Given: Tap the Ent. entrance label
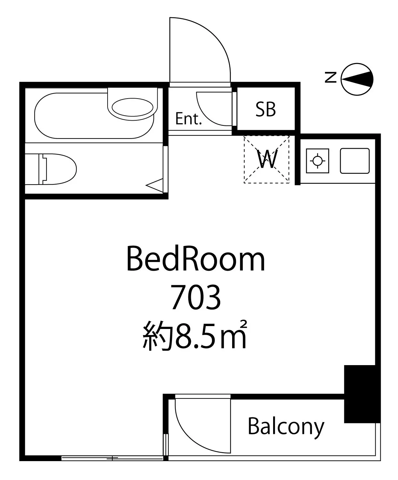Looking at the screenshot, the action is point(188,119).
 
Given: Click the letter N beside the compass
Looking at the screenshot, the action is point(330,77).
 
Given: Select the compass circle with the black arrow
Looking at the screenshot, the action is point(357,79).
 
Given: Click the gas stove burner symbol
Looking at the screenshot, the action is point(318,161).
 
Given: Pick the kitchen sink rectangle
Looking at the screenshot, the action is point(355,161).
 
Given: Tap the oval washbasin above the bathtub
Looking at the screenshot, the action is point(133,107).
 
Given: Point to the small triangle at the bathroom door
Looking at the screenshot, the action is point(155,185).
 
